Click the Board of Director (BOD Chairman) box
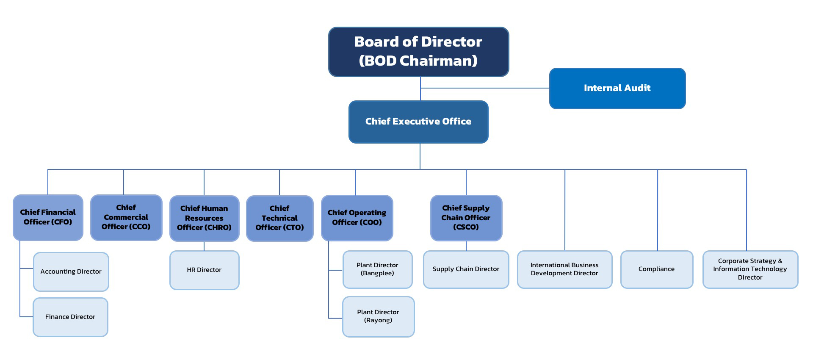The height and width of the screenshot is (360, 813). [418, 51]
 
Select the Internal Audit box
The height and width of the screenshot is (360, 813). [617, 88]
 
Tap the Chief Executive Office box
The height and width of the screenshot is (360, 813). [418, 122]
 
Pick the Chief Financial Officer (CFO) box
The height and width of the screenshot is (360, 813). [48, 217]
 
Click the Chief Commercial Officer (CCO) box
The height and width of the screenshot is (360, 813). [126, 217]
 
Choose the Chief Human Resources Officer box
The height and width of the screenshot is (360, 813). [204, 218]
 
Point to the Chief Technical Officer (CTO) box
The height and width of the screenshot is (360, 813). [279, 218]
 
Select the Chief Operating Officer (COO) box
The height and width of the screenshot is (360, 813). [357, 218]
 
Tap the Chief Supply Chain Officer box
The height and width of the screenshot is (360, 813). [466, 218]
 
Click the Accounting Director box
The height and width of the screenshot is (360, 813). [71, 271]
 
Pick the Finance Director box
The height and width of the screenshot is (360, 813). [70, 317]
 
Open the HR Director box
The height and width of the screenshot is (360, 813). [204, 270]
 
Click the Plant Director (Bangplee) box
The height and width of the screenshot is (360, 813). [377, 269]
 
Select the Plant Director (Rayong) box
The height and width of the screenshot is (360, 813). [378, 316]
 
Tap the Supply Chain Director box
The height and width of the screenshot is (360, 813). [466, 269]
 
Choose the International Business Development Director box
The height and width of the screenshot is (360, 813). [564, 269]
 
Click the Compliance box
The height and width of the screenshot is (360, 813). [656, 269]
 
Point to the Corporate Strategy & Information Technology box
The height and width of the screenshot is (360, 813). [750, 269]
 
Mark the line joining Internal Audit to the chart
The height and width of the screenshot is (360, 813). [485, 88]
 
